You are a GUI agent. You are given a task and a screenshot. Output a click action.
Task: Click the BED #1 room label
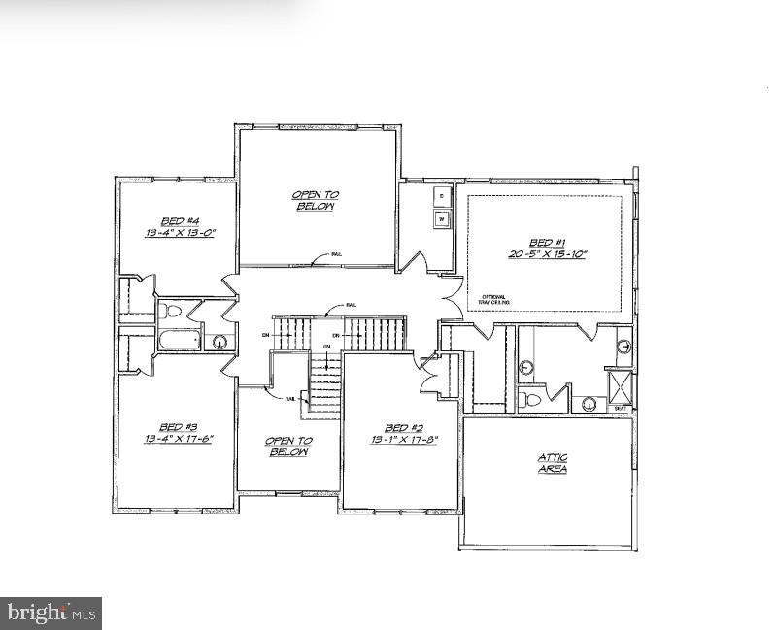[547, 242]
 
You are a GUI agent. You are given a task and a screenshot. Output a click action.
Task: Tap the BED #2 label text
[397, 427]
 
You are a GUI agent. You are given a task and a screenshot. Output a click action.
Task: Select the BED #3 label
[178, 427]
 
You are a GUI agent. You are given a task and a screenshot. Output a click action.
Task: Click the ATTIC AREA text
[553, 463]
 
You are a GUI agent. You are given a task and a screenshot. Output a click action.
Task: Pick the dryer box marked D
[443, 196]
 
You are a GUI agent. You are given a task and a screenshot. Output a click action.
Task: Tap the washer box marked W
[443, 219]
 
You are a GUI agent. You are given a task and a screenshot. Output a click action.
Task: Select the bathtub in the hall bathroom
[180, 341]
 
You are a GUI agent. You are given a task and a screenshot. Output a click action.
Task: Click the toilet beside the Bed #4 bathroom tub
[172, 311]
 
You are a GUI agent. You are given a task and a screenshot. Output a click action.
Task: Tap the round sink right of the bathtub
[219, 341]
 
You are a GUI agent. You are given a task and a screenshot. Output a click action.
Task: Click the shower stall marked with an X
[619, 385]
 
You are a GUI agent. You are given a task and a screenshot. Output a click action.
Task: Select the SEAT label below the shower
[621, 409]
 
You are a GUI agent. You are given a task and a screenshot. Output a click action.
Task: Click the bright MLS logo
[51, 613]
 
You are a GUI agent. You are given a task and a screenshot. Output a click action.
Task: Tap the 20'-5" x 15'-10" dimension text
[547, 253]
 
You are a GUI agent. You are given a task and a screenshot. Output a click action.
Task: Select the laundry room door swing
[413, 261]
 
